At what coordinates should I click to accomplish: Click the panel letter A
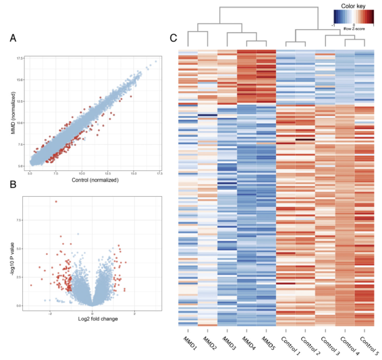point(13,38)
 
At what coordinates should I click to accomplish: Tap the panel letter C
point(173,38)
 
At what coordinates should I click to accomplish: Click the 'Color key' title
point(353,6)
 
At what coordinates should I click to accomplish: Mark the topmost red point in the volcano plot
point(56,201)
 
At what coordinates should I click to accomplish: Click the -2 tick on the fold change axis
point(50,313)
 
